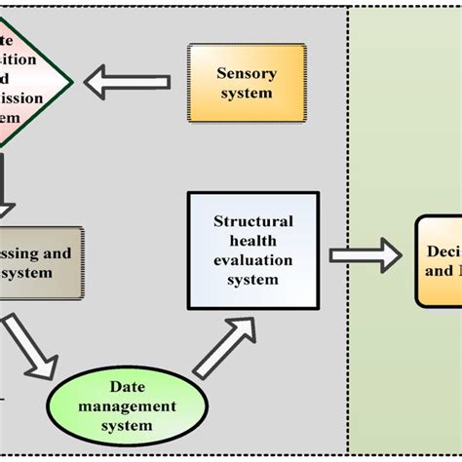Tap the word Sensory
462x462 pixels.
coord(247,73)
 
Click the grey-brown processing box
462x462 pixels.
coord(39,262)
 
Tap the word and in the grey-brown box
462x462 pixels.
coord(58,253)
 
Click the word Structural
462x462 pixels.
coord(252,221)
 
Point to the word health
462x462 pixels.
coord(252,241)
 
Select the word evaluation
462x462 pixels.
coord(252,260)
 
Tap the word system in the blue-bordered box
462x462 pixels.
coord(252,280)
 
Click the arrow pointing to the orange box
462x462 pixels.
coord(365,255)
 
